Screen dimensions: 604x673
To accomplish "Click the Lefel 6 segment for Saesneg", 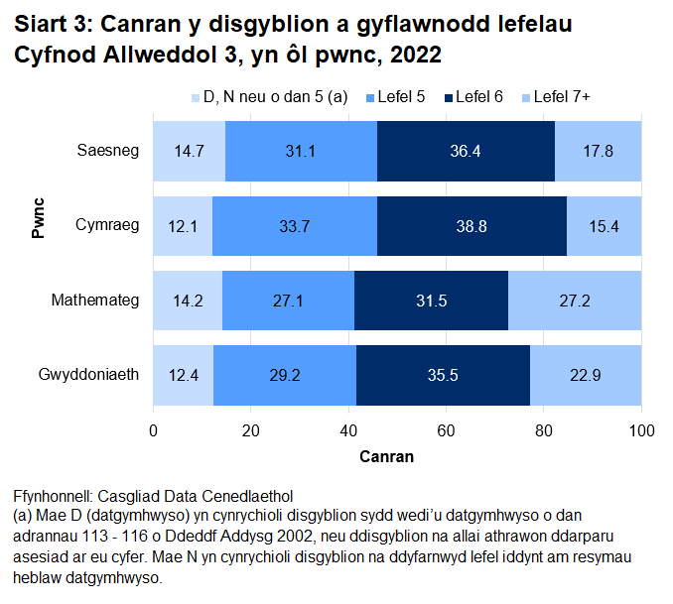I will pos(466,151).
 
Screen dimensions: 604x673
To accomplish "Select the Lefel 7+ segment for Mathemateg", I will pos(575,300).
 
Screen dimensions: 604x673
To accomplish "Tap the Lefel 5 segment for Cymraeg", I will pos(294,225).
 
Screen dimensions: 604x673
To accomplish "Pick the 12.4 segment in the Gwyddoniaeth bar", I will pos(183,375).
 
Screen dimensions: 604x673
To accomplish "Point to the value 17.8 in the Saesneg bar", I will pos(598,152).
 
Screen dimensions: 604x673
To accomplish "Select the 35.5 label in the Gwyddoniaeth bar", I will pos(443,376).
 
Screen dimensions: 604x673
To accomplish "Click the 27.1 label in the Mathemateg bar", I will pos(288,301).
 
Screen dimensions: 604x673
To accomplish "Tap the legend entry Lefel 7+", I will pos(561,96).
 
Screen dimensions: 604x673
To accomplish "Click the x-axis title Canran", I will pos(386,457).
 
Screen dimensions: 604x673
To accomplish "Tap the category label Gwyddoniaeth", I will pos(88,375).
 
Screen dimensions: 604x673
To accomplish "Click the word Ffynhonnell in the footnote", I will pos(52,495).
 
